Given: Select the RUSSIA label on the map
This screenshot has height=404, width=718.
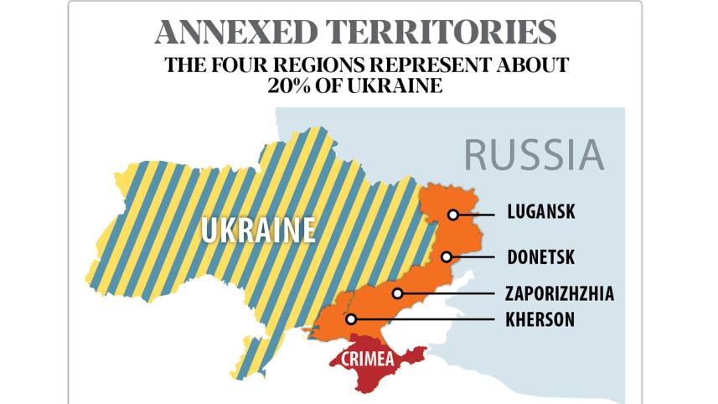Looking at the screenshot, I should tap(534, 155).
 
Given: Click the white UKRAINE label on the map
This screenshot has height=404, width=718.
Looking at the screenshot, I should tap(258, 230).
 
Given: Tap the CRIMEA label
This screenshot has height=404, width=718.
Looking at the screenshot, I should tap(367, 359).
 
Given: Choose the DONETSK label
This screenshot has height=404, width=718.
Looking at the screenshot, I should tap(540, 256).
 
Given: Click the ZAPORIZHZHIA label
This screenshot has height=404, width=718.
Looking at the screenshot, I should tap(559, 293).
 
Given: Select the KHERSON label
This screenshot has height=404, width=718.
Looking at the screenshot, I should tap(540, 319).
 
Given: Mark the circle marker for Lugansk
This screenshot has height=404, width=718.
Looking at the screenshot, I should tap(452, 215).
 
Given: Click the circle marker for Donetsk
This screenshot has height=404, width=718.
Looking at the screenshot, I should tap(447, 257).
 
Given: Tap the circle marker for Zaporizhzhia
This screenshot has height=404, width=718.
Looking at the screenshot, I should tap(398, 293).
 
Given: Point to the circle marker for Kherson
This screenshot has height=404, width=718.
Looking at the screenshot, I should tap(352, 319).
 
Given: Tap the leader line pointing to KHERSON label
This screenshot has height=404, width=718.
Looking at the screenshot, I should tap(427, 319).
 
